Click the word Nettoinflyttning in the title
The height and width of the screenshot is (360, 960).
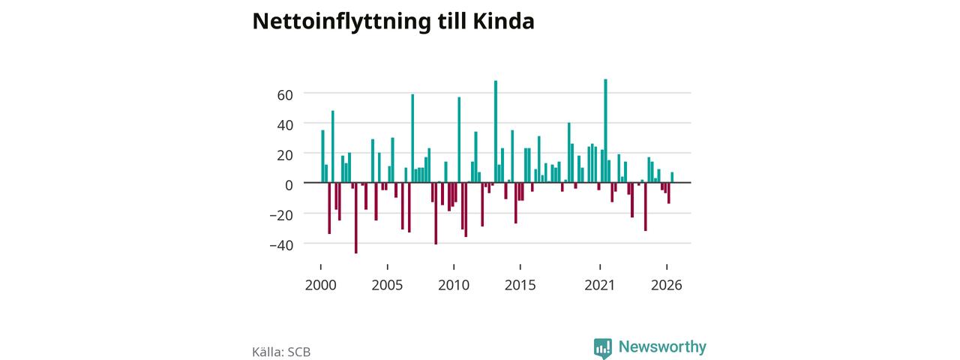[x=341, y=22]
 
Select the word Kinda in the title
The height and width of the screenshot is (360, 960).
[x=503, y=21]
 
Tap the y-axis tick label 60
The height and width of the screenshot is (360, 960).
[x=285, y=95]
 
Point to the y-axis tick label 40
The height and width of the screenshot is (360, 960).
[x=285, y=125]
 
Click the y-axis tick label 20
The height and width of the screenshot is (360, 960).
[x=285, y=155]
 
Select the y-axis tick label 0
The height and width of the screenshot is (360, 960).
[x=289, y=185]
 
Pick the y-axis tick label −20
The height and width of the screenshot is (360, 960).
[x=281, y=215]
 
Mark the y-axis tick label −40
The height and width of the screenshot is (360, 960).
[x=281, y=245]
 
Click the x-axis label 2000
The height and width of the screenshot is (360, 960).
[x=320, y=285]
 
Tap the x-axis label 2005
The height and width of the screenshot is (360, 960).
[x=387, y=285]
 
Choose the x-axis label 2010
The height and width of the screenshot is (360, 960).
[x=454, y=285]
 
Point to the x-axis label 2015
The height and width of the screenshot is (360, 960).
[x=520, y=285]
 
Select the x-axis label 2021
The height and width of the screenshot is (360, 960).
[x=599, y=285]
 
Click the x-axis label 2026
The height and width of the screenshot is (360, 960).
[x=667, y=285]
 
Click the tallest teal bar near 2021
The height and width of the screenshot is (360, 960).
[x=605, y=130]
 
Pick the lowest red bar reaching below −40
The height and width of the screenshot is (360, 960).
[x=355, y=218]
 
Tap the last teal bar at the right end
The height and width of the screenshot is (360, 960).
[x=672, y=178]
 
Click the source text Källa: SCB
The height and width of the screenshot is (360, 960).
[x=281, y=352]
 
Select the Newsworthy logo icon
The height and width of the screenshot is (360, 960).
[x=602, y=348]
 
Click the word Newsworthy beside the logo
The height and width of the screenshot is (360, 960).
[x=662, y=346]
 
